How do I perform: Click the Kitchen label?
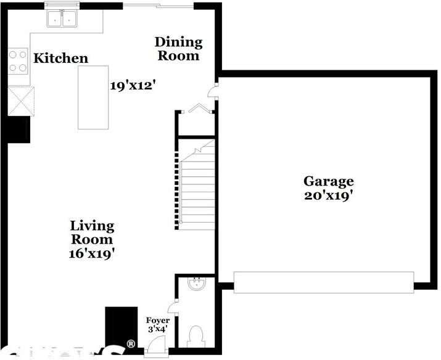pyautogui.click(x=60, y=59)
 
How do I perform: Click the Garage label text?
pyautogui.click(x=328, y=181)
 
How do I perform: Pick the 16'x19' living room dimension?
pyautogui.click(x=92, y=253)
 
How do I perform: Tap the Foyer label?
pyautogui.click(x=157, y=321)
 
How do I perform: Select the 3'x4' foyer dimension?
pyautogui.click(x=157, y=330)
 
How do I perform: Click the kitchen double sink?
pyautogui.click(x=64, y=20)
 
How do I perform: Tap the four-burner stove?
pyautogui.click(x=18, y=61)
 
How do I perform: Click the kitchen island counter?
pyautogui.click(x=93, y=97)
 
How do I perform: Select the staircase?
pyautogui.click(x=197, y=185)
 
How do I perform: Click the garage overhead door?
pyautogui.click(x=324, y=281)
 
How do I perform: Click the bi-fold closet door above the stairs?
pyautogui.click(x=198, y=108)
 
